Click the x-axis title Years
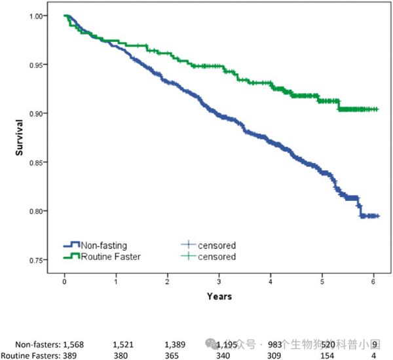coord(219,297)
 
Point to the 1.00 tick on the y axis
coord(41,16)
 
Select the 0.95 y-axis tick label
coord(41,65)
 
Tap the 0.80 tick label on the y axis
coord(41,211)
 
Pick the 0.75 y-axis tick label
coord(41,261)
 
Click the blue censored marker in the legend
coord(189,245)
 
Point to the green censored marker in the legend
coord(189,257)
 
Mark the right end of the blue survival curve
coord(378,216)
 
